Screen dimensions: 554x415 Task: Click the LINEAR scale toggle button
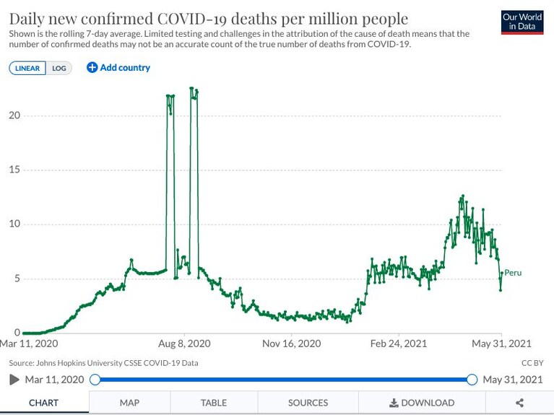click(27, 68)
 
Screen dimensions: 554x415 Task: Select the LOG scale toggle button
click(59, 68)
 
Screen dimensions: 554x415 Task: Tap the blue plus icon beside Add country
click(92, 67)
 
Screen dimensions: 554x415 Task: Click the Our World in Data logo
click(522, 22)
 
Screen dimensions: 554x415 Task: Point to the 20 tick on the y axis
click(14, 115)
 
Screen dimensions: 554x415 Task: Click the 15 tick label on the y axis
click(14, 170)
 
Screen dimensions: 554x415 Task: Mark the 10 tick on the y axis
click(14, 224)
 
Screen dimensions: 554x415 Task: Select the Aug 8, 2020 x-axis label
click(184, 344)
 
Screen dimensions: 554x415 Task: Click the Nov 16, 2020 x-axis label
click(292, 344)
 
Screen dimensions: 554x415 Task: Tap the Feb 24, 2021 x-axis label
click(399, 344)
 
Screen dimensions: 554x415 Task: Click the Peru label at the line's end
click(513, 273)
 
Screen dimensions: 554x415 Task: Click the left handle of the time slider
click(95, 380)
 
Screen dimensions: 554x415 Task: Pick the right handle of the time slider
click(472, 380)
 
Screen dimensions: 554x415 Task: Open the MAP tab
click(129, 403)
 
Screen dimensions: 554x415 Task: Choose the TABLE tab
click(214, 403)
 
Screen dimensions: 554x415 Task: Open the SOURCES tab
click(308, 403)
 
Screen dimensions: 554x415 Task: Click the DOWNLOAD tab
click(422, 403)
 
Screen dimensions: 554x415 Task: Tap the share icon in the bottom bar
click(519, 403)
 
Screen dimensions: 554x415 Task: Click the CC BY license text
click(532, 363)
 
